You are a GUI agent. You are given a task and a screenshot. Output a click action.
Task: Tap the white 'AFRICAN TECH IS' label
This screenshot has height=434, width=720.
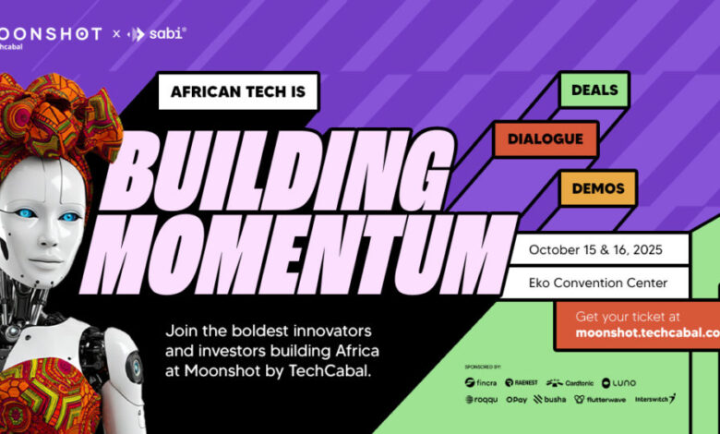pos(238,91)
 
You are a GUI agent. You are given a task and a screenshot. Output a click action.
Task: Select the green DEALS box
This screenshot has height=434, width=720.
pos(594,90)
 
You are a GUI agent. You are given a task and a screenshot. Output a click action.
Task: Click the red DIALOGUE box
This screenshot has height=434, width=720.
pos(545,139)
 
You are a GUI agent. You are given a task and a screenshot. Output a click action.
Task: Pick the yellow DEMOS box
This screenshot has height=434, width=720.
pos(597,187)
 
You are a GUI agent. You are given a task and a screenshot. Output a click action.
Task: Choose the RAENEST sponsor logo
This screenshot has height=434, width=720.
pos(523,382)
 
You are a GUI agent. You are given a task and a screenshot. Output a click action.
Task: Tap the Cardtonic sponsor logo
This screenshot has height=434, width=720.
pos(569,382)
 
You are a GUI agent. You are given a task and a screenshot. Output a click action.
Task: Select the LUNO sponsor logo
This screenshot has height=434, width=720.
pos(618,382)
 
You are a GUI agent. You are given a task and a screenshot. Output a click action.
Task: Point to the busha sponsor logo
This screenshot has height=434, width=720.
pos(553,400)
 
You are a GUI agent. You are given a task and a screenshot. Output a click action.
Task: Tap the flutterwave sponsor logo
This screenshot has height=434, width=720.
pos(599,400)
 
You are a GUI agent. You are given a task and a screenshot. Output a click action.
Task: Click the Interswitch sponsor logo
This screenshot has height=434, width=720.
pos(654,399)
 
